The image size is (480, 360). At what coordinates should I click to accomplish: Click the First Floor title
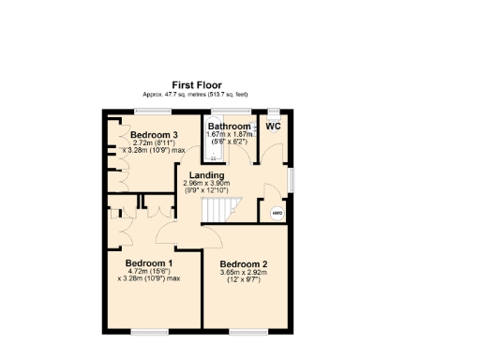196,85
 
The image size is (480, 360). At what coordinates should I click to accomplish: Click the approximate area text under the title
196,95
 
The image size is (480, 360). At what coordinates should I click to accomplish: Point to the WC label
273,126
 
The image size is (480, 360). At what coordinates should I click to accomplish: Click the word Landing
206,175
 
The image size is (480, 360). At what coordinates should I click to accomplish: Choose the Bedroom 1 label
149,262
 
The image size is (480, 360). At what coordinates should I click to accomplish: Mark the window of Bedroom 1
149,330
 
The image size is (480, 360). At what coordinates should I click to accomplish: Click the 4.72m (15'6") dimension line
148,271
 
